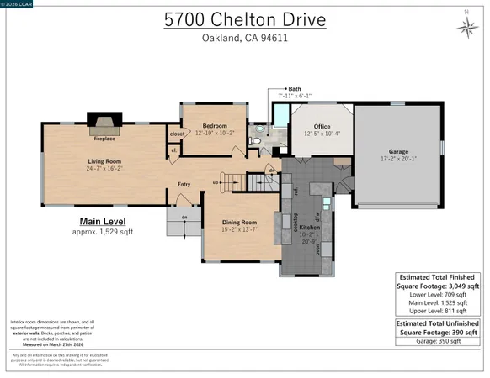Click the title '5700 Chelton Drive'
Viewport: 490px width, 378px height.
tap(245, 18)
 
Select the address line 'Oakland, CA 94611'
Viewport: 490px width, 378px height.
tap(245, 38)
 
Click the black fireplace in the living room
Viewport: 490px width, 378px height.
tap(104, 123)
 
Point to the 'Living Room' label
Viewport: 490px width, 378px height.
tap(104, 160)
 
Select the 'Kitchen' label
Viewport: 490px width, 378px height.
tap(309, 227)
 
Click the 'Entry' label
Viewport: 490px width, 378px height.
tap(184, 185)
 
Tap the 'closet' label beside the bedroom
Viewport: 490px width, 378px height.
tap(177, 134)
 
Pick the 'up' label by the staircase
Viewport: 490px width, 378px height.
tap(215, 182)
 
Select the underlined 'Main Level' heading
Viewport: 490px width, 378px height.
tap(95, 221)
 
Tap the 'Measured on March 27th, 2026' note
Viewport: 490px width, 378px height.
tap(47, 344)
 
